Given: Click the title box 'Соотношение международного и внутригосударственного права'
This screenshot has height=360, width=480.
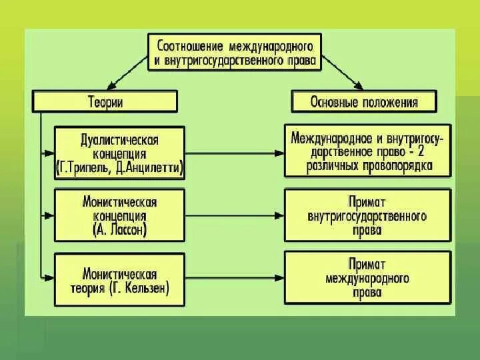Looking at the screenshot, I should tap(235, 53).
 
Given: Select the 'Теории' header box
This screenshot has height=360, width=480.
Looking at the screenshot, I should tap(105, 101).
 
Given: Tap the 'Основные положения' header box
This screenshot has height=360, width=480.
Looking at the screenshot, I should tap(364, 101).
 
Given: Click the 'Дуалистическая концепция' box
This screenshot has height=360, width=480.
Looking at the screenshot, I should tap(119, 152).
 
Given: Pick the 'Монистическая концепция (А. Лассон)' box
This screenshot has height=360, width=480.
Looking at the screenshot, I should tap(119, 215).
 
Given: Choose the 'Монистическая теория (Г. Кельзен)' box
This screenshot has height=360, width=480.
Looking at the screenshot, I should tap(119, 279).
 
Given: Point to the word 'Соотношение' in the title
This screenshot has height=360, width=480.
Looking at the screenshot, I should tap(189, 46).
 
